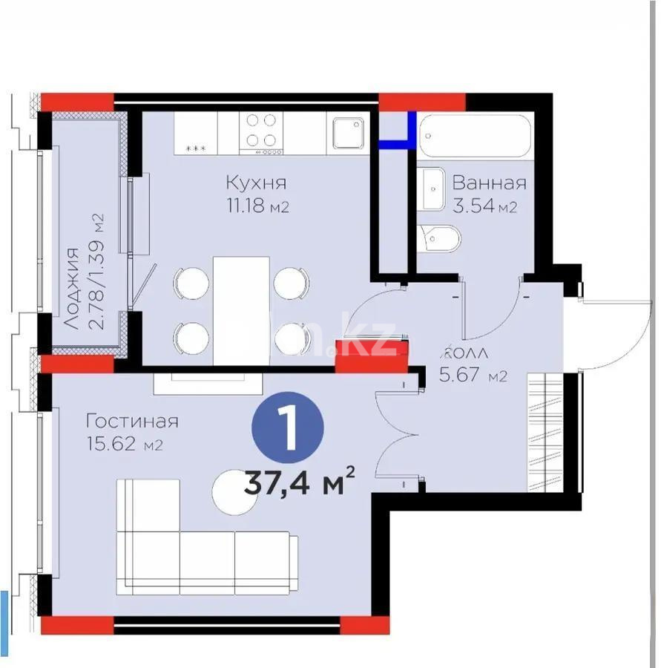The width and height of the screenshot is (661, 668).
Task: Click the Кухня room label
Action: (256, 183)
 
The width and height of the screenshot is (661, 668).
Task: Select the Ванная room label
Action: (489, 183)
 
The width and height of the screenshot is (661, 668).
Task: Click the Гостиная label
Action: (132, 422)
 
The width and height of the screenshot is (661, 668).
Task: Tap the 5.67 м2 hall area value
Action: (473, 376)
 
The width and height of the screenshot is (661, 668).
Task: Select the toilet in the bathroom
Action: (440, 238)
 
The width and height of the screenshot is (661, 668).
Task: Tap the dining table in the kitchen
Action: (240, 310)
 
